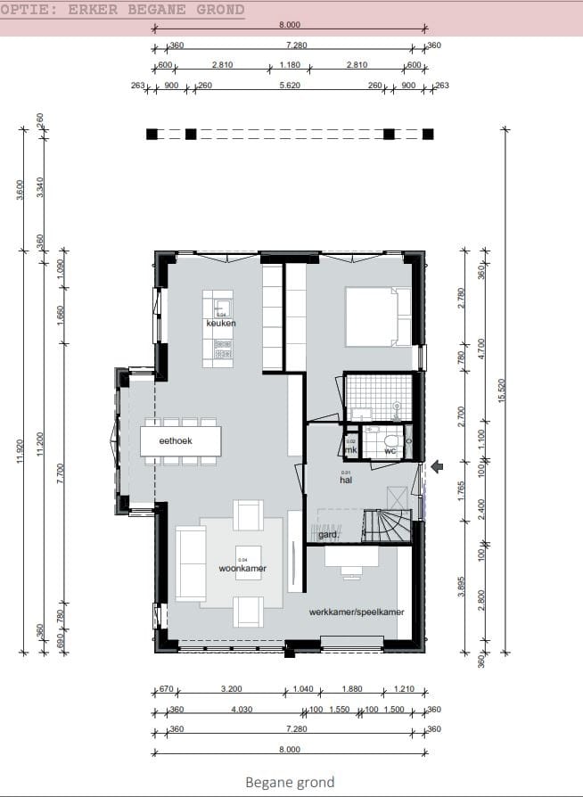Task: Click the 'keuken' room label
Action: (x=220, y=324)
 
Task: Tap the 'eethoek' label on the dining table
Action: (x=177, y=440)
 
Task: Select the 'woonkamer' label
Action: (x=242, y=568)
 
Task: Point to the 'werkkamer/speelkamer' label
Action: (x=357, y=612)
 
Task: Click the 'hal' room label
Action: (x=347, y=480)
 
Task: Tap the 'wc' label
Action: (x=390, y=451)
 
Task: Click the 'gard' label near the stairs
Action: (x=327, y=535)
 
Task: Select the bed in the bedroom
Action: (x=378, y=316)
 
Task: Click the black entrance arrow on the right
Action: (x=437, y=466)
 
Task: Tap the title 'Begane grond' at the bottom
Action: (x=290, y=782)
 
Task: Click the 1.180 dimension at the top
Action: (x=290, y=65)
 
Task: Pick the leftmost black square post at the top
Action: (x=152, y=135)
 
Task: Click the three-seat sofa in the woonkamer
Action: (x=190, y=563)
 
